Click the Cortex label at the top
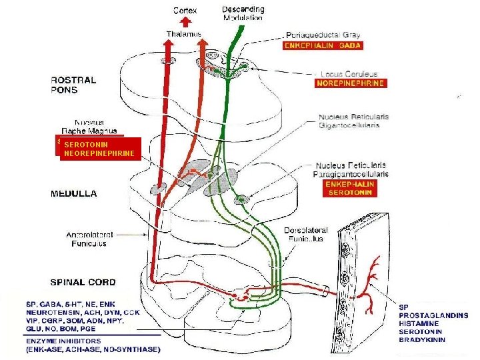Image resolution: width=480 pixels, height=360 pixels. click(x=185, y=11)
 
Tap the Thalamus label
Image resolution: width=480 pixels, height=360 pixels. click(x=183, y=34)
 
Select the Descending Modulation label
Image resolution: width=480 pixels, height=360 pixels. click(x=243, y=14)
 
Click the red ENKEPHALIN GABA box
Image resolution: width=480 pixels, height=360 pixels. click(x=323, y=45)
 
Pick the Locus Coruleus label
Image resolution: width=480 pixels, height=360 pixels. click(x=349, y=73)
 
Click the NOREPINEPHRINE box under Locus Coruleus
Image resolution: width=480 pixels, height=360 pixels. click(x=350, y=84)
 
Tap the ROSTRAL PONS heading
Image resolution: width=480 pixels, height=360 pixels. click(x=73, y=85)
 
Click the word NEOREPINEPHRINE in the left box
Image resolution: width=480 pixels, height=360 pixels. click(x=97, y=153)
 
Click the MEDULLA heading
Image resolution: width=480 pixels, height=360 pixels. click(x=74, y=194)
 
